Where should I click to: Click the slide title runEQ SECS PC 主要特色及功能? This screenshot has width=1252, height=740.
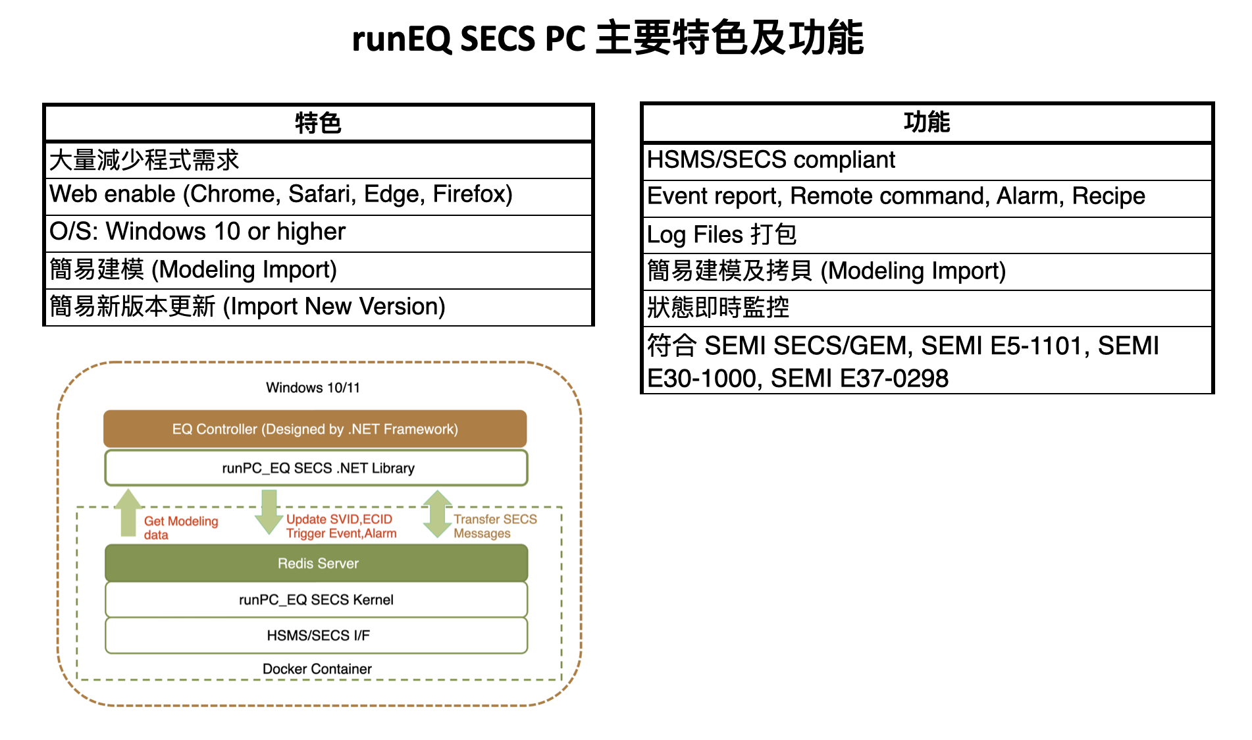(608, 38)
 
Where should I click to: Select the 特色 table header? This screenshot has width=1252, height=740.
(319, 123)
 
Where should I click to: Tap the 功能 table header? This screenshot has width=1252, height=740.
(927, 122)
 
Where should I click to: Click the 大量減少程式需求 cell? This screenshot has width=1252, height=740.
(319, 160)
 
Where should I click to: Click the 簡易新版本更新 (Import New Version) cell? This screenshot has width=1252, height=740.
(319, 307)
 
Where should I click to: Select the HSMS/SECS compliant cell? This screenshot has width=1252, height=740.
(927, 160)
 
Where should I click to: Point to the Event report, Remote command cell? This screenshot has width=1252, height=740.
(927, 197)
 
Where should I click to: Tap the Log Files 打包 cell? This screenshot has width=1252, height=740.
(927, 234)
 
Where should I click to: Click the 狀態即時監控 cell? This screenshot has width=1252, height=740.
(927, 307)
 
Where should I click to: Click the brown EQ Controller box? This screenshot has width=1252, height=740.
(315, 429)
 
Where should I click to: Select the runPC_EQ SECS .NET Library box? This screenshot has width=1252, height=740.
(317, 468)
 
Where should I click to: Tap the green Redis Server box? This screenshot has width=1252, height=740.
(317, 563)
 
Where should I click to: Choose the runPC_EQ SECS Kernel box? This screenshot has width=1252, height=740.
(317, 600)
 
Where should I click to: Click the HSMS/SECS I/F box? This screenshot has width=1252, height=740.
(317, 635)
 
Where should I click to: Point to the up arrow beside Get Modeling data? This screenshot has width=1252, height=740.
(128, 513)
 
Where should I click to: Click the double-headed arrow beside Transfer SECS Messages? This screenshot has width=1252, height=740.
(437, 514)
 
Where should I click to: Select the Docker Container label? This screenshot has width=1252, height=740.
(317, 669)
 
